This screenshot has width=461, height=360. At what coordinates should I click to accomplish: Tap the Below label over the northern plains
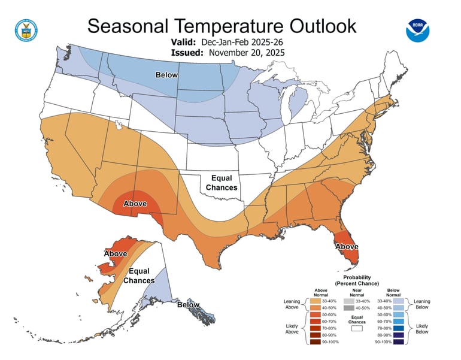pos(167,75)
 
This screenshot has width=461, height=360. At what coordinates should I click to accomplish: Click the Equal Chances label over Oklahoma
pos(222,183)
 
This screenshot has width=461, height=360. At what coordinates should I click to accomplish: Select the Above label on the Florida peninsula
pos(347,246)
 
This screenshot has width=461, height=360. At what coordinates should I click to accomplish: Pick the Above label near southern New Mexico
pos(135,204)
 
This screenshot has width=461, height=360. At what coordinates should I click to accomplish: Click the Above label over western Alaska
pos(116,254)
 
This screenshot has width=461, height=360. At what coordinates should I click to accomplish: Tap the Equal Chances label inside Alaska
pos(139,276)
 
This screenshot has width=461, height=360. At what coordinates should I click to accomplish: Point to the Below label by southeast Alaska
pos(189,305)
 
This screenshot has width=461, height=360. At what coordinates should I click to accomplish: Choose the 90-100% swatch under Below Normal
pos(398,342)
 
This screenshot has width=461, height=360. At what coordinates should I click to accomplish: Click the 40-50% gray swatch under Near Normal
pos(349,307)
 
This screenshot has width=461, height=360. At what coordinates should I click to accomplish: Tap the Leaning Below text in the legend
pos(421,304)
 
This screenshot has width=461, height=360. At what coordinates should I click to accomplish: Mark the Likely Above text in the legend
pos(292,328)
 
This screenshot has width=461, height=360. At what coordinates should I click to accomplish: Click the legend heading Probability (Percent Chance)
pos(357,280)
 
